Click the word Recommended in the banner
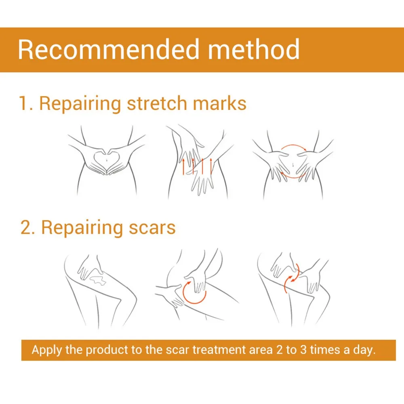coord(109,49)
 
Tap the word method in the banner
coord(254,49)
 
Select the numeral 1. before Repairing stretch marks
coord(26,103)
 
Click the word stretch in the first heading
coord(156,103)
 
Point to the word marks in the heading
coord(219,103)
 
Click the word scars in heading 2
coord(152,228)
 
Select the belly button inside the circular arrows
coord(293,164)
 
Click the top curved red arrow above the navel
coord(293,145)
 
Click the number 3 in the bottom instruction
coord(303,350)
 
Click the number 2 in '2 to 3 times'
coord(279,350)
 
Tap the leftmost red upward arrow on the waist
coord(183,166)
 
